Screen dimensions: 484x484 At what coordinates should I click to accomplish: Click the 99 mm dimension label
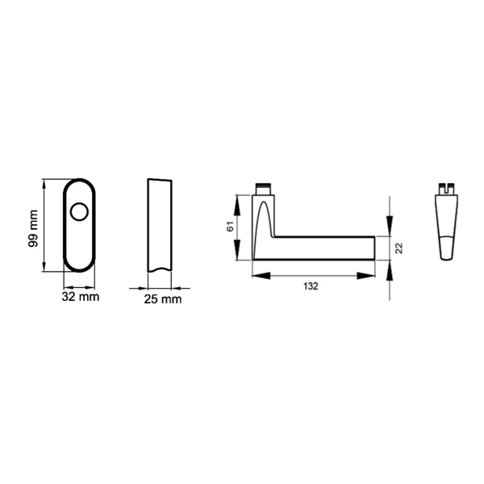[x=33, y=228]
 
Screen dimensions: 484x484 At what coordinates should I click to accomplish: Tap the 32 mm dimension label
[x=81, y=297]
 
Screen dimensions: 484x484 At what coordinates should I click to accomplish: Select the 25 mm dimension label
[x=163, y=299]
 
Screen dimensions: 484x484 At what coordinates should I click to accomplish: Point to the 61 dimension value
[x=230, y=227]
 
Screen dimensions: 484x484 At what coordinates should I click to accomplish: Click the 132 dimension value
[x=311, y=286]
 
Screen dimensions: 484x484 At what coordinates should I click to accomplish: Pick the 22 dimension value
[x=399, y=248]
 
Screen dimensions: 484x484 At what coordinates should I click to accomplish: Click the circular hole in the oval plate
[x=79, y=211]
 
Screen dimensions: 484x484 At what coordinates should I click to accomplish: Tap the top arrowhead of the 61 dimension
[x=237, y=206]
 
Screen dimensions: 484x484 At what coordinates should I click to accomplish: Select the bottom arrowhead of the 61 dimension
[x=237, y=250]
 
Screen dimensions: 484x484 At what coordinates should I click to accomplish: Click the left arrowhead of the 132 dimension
[x=261, y=276]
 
